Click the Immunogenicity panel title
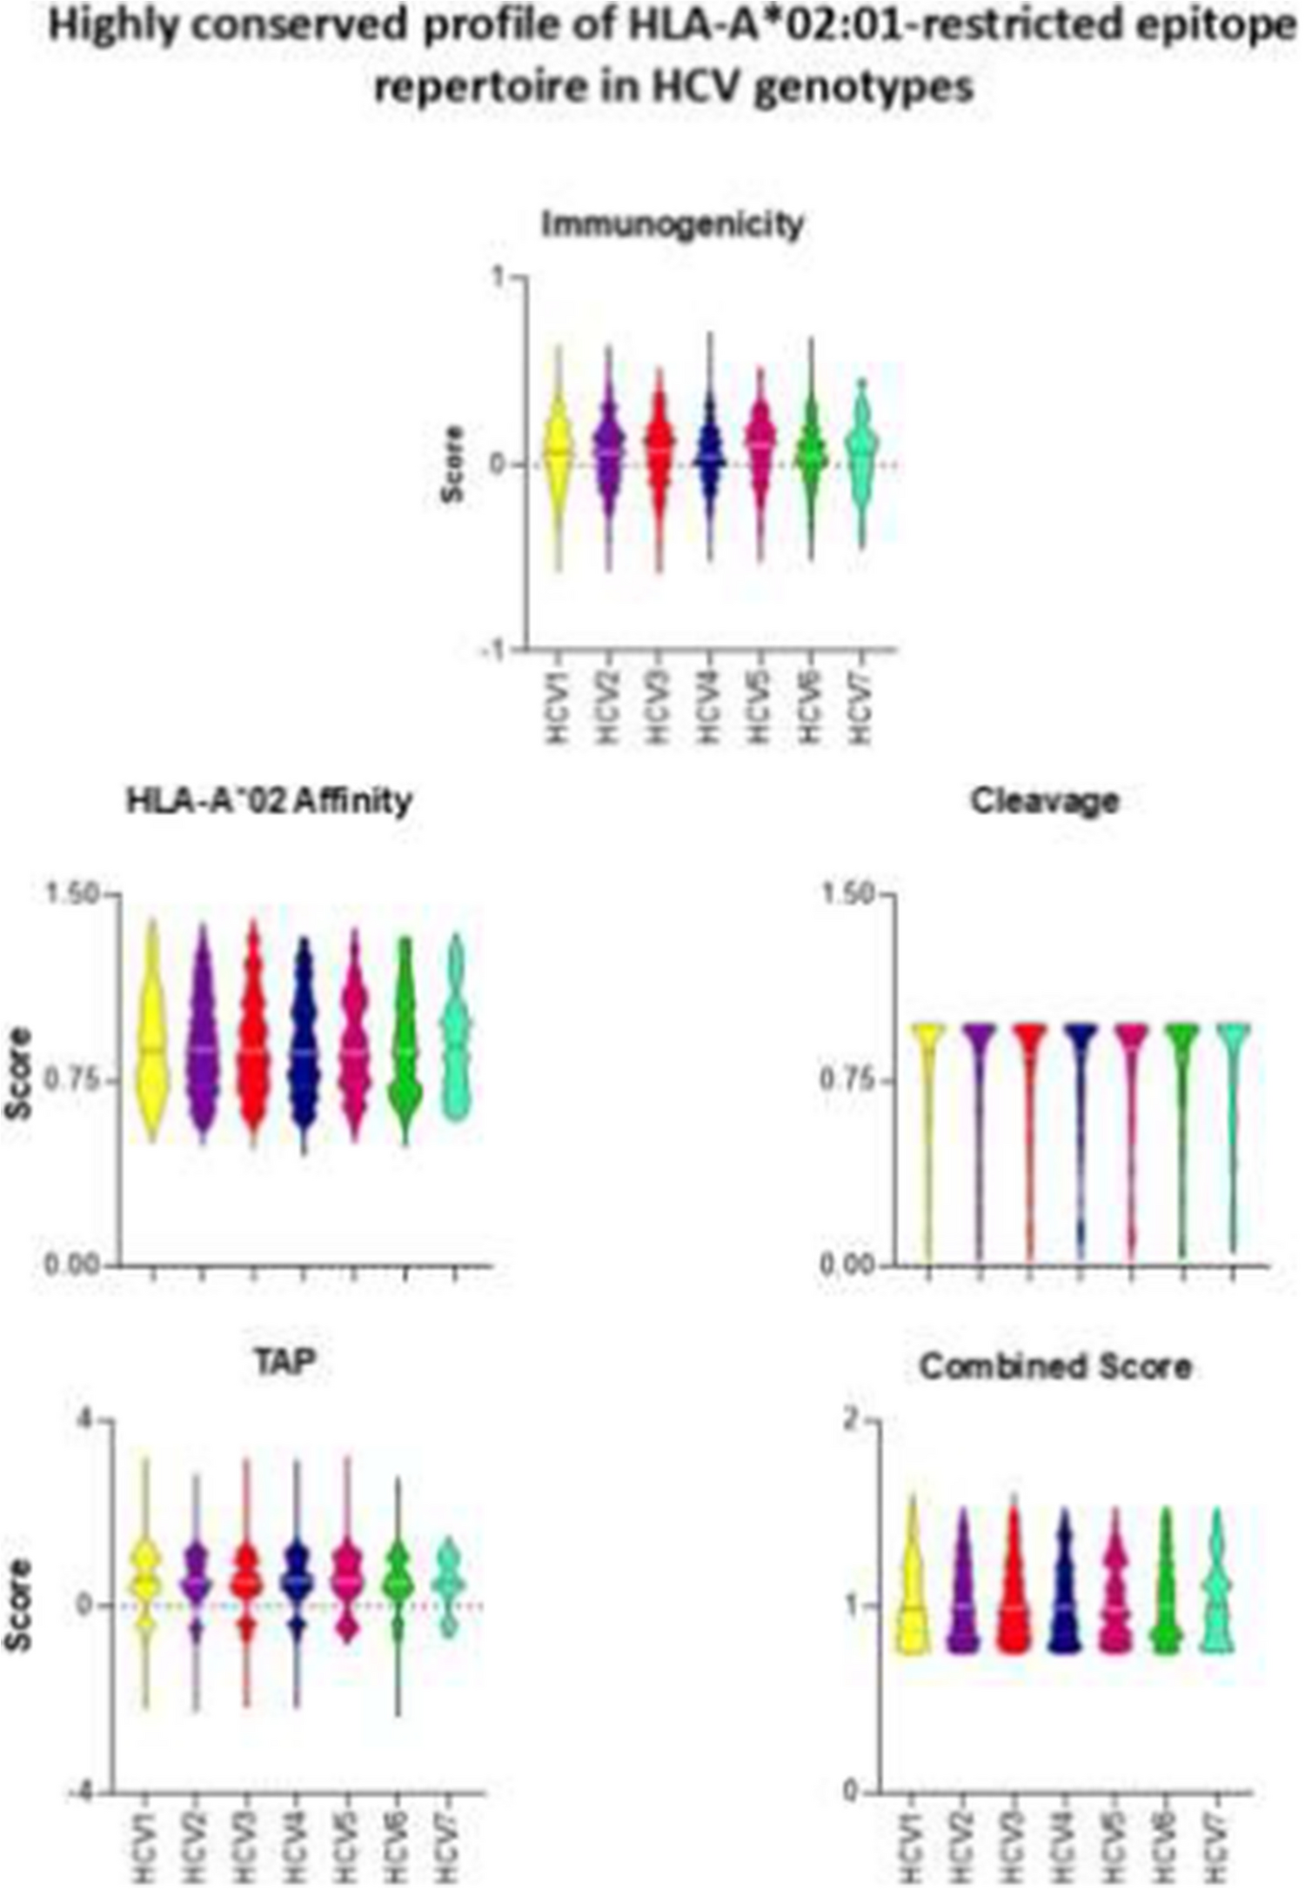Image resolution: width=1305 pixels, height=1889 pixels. tap(673, 224)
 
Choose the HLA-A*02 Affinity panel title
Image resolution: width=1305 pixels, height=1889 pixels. tap(269, 800)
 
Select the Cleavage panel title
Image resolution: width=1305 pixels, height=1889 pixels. tap(1044, 800)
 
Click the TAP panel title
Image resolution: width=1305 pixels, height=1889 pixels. tap(285, 1362)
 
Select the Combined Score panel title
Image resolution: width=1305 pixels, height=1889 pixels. tap(1054, 1366)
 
